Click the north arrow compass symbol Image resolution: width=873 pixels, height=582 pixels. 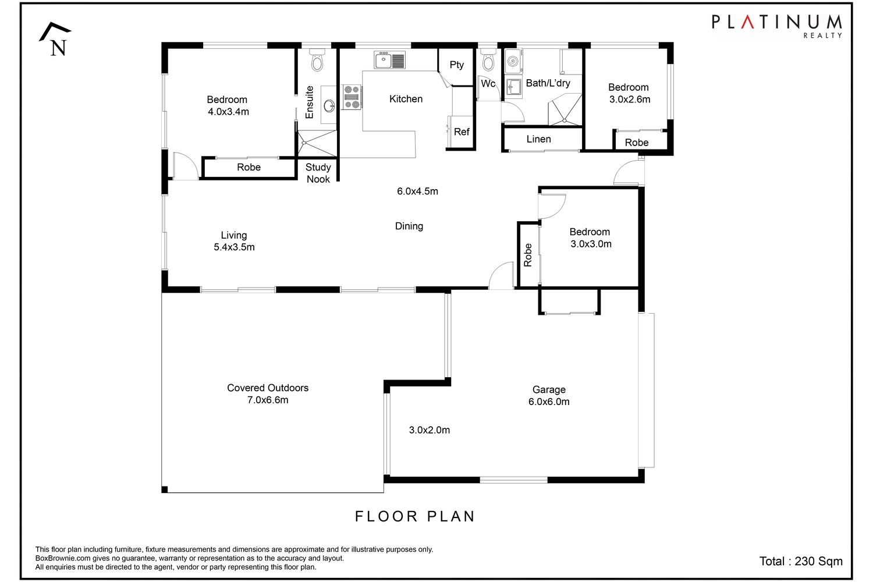pos(55,39)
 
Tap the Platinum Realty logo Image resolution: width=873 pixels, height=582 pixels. pos(777,26)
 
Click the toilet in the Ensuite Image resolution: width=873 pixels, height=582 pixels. pos(317,59)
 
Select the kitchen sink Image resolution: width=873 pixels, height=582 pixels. pos(389,60)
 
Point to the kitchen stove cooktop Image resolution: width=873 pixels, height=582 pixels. pos(352,97)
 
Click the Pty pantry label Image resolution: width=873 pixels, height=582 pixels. pos(457,65)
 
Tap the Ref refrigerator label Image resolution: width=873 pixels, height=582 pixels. pos(462,132)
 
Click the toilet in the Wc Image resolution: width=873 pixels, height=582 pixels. pos(488,59)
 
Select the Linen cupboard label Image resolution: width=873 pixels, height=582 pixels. pos(538,139)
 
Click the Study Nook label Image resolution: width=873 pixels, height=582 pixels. pos(318,173)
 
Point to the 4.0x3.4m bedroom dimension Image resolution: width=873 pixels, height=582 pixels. pos(228,112)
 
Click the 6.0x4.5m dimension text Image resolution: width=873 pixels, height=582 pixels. pos(417,191)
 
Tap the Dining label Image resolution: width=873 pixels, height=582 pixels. pos(409,226)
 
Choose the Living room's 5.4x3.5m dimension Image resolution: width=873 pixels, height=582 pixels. pos(234,247)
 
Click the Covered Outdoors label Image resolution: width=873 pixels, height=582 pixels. pos(268,388)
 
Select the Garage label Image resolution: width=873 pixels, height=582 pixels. pos(549,390)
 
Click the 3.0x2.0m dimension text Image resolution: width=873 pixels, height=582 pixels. pos(430,430)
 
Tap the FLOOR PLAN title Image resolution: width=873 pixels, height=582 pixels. pos(415,516)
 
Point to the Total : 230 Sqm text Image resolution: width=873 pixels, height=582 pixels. pos(801,562)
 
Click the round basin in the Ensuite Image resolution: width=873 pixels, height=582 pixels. pos(329,105)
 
